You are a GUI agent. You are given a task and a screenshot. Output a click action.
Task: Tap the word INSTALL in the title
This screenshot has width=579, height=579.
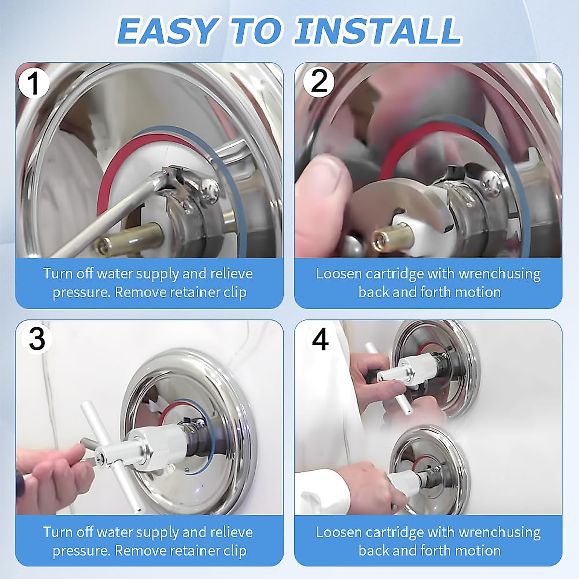(x=377, y=31)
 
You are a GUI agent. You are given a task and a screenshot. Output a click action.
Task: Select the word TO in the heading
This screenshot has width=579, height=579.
(x=257, y=31)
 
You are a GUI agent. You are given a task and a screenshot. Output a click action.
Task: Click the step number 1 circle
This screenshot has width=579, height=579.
(x=33, y=83)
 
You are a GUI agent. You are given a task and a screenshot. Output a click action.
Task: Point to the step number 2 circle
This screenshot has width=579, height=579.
(x=318, y=82)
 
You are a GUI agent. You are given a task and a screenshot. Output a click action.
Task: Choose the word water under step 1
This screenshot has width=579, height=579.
(x=115, y=274)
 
